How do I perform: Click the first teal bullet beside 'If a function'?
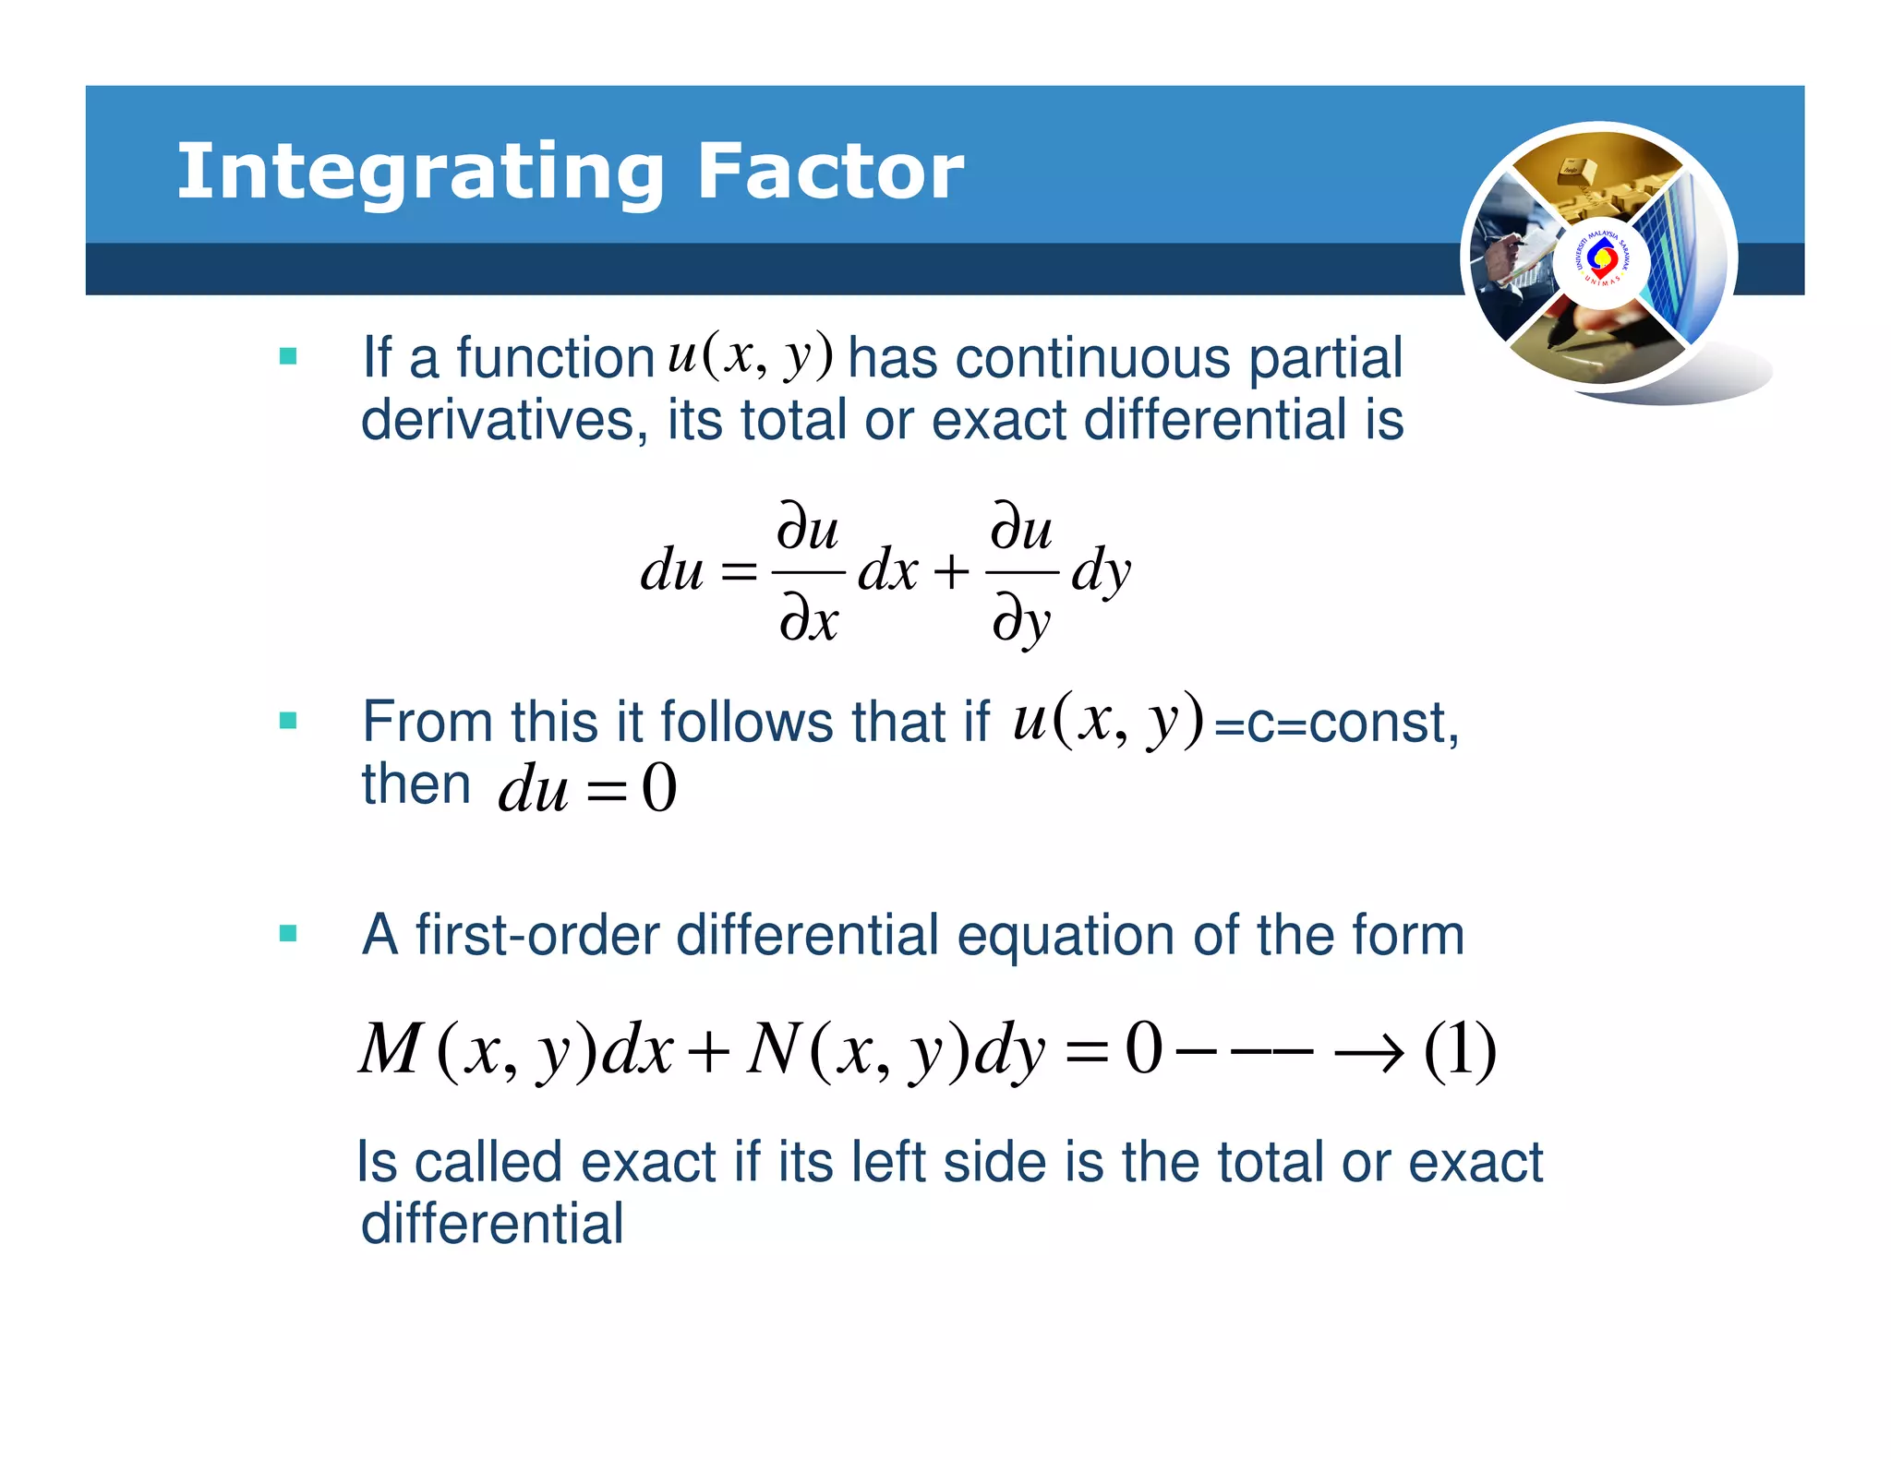point(288,356)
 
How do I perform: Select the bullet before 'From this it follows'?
point(288,721)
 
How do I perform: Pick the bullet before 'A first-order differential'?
point(288,934)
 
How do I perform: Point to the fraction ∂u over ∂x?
point(808,572)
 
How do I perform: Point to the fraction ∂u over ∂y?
point(1021,572)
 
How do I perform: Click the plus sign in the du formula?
point(951,572)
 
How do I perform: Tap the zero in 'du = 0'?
point(659,789)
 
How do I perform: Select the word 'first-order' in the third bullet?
point(536,935)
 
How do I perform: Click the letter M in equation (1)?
point(390,1049)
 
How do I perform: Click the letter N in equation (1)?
point(773,1049)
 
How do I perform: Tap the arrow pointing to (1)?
point(1370,1052)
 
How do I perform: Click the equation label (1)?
point(1460,1050)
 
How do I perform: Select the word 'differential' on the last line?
point(492,1224)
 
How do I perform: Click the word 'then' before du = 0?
point(416,785)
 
